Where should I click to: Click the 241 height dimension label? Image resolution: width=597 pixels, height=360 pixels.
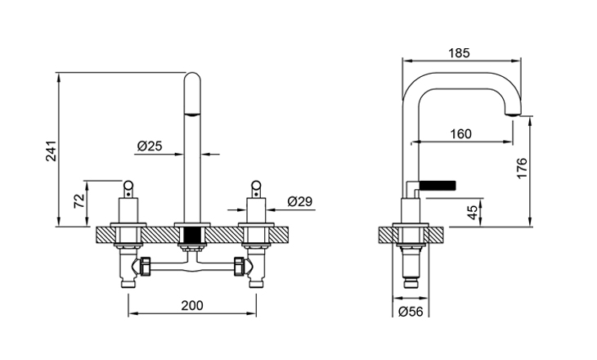(x=51, y=151)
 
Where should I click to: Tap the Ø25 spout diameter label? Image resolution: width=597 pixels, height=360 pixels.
(x=150, y=146)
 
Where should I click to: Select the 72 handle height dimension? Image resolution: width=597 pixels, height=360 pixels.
(x=79, y=200)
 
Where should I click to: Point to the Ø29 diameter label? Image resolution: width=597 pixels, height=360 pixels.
(x=300, y=201)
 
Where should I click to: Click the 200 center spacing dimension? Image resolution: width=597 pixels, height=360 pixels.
(x=192, y=305)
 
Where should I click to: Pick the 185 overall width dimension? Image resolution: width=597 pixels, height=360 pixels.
(x=459, y=53)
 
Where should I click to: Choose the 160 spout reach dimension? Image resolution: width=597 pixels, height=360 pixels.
(x=460, y=134)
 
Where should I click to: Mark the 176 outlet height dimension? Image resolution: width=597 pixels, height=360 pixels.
(x=522, y=168)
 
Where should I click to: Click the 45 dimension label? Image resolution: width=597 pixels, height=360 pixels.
(x=472, y=212)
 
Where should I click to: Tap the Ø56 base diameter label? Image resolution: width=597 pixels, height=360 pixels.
(x=411, y=312)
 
